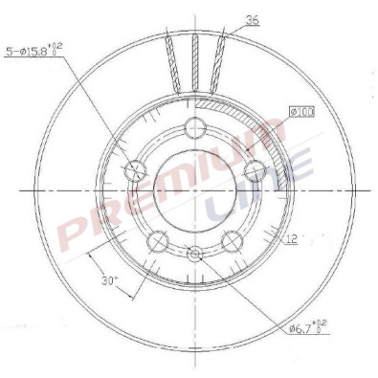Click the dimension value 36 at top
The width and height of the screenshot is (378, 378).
coord(253,20)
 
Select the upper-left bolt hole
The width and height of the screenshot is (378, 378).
coord(135,170)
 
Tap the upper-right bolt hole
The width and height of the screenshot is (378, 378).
coord(255,170)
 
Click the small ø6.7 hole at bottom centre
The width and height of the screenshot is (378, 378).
coord(195,254)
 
